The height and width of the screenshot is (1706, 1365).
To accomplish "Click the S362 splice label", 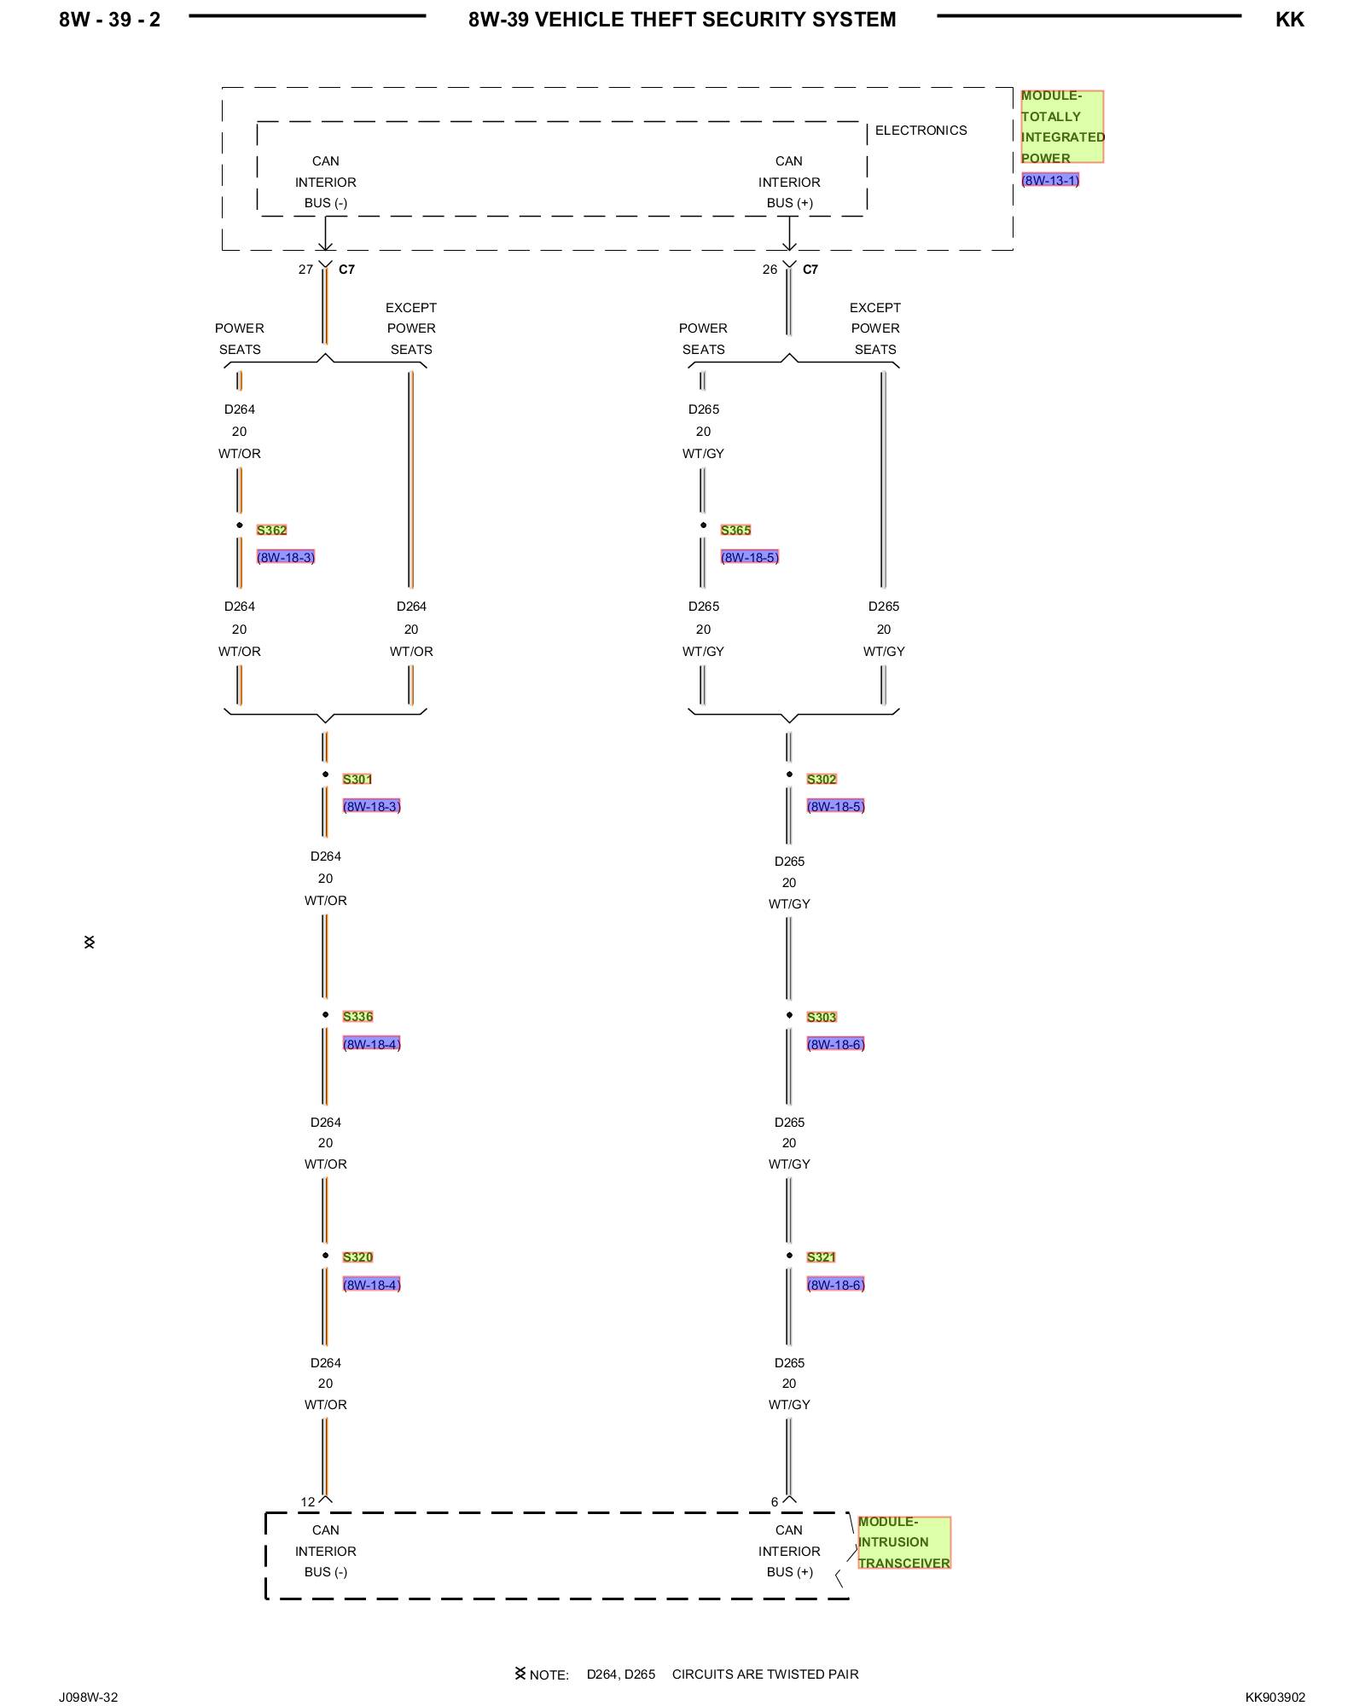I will [x=271, y=530].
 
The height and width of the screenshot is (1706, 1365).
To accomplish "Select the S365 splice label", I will [x=735, y=530].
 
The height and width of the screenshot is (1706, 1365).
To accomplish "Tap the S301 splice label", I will [x=357, y=779].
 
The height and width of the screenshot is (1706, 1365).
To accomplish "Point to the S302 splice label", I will [x=822, y=779].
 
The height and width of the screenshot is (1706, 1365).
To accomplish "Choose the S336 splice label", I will [x=357, y=1016].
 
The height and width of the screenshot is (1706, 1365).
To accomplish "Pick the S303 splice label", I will [x=822, y=1017].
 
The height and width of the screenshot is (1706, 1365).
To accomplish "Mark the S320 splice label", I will [x=357, y=1256].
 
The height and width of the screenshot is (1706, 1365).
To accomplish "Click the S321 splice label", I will [x=821, y=1256].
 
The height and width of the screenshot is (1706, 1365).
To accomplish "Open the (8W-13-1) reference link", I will [x=1050, y=180].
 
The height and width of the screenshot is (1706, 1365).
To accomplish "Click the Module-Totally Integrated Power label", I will [x=1062, y=126].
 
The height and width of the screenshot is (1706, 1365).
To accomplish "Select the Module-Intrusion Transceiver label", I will [x=903, y=1541].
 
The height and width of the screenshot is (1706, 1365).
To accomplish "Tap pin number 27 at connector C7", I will [x=305, y=270].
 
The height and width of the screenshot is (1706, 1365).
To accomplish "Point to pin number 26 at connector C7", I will [x=770, y=270].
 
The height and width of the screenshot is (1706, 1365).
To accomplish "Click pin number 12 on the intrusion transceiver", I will [x=307, y=1501].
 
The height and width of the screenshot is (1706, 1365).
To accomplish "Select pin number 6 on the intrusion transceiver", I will [x=775, y=1501].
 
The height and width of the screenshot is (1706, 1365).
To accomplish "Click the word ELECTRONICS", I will [x=921, y=131].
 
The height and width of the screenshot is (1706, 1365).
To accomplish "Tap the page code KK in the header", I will [x=1289, y=20].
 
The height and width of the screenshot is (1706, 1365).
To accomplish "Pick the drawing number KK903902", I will [x=1275, y=1697].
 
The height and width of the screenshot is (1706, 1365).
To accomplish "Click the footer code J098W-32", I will [x=89, y=1697].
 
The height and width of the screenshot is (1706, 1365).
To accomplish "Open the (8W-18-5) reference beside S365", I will [x=749, y=557].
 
